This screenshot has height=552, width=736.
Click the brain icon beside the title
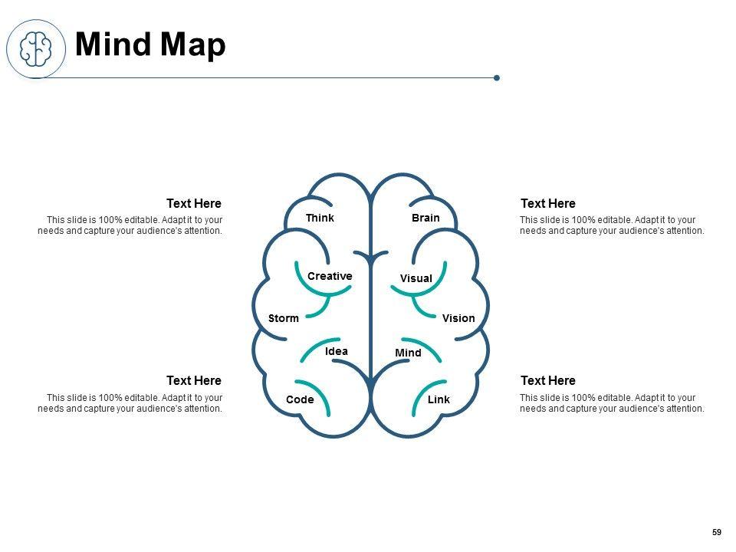pyautogui.click(x=35, y=48)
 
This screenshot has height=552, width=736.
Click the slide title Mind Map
pyautogui.click(x=151, y=45)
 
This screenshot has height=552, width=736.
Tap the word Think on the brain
pyautogui.click(x=320, y=218)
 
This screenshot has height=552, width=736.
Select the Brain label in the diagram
pyautogui.click(x=426, y=218)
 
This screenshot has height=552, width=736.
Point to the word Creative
pyautogui.click(x=330, y=276)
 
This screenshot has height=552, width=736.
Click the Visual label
pyautogui.click(x=416, y=278)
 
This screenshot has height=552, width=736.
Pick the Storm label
pyautogui.click(x=284, y=318)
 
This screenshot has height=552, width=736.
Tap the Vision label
pyautogui.click(x=458, y=318)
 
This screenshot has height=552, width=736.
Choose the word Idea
pyautogui.click(x=337, y=351)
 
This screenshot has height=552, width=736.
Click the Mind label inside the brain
pyautogui.click(x=408, y=353)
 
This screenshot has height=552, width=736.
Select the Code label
pyautogui.click(x=300, y=399)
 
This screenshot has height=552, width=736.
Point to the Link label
pyautogui.click(x=439, y=399)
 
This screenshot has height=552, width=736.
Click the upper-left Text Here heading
pyautogui.click(x=194, y=203)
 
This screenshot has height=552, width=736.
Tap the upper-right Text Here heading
pyautogui.click(x=548, y=203)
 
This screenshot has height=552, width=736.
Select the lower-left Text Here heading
pyautogui.click(x=194, y=380)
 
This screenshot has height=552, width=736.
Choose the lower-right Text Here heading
pyautogui.click(x=548, y=380)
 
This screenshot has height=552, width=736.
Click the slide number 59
pyautogui.click(x=717, y=532)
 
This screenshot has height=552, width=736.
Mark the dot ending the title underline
pyautogui.click(x=497, y=77)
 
